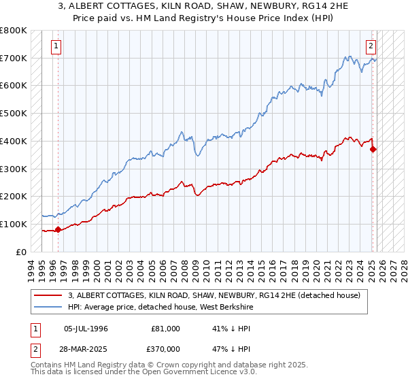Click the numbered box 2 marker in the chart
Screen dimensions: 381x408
[371, 46]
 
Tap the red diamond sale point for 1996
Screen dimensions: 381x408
[58, 229]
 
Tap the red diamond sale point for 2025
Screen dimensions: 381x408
[373, 150]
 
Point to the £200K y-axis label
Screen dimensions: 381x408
[13, 197]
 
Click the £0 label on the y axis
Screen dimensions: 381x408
[22, 252]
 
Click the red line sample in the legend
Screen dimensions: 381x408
[49, 295]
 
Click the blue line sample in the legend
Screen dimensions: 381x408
[49, 307]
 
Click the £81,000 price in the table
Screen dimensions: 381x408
[167, 329]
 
